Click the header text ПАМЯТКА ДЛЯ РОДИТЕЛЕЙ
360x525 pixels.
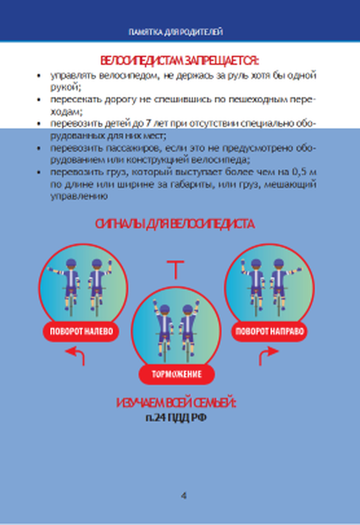pyautogui.click(x=176, y=32)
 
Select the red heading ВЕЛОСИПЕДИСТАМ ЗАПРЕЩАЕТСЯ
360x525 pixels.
pyautogui.click(x=179, y=61)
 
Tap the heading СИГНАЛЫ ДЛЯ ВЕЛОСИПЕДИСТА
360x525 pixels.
pyautogui.click(x=175, y=224)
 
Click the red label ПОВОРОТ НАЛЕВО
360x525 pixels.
pyautogui.click(x=81, y=331)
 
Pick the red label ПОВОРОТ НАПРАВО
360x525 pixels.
pyautogui.click(x=269, y=331)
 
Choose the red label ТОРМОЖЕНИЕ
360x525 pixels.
pyautogui.click(x=176, y=374)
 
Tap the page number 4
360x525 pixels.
pyautogui.click(x=184, y=496)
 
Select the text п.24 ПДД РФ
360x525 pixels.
pyautogui.click(x=176, y=418)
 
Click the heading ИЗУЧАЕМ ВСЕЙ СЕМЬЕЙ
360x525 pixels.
pyautogui.click(x=176, y=403)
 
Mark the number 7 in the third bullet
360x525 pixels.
pyautogui.click(x=148, y=124)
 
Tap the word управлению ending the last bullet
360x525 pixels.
pyautogui.click(x=79, y=196)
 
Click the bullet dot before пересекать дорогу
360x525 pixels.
pyautogui.click(x=39, y=100)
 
